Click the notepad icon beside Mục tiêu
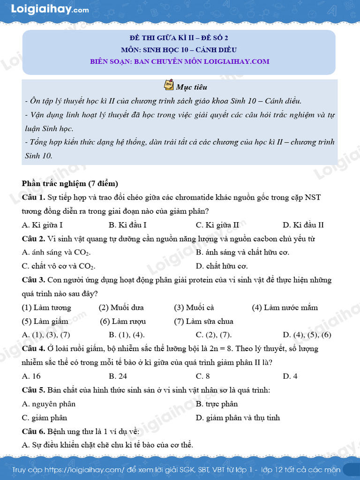pos(169,85)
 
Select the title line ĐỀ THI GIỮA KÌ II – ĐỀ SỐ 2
pos(179,38)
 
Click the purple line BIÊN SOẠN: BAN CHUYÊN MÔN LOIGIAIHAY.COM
pos(180,61)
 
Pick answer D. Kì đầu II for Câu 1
pos(303,225)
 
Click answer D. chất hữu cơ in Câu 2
pos(222,266)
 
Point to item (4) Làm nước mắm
pos(285,308)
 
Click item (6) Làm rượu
pos(123,322)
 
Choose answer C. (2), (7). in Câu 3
pos(214,335)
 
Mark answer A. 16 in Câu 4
pos(31,376)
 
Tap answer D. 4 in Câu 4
pos(290,376)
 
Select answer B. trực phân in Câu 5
pos(217,404)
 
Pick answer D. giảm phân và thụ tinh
pos(238,418)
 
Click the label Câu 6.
pos(33,432)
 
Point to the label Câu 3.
pos(33,280)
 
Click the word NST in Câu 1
pos(313,197)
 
